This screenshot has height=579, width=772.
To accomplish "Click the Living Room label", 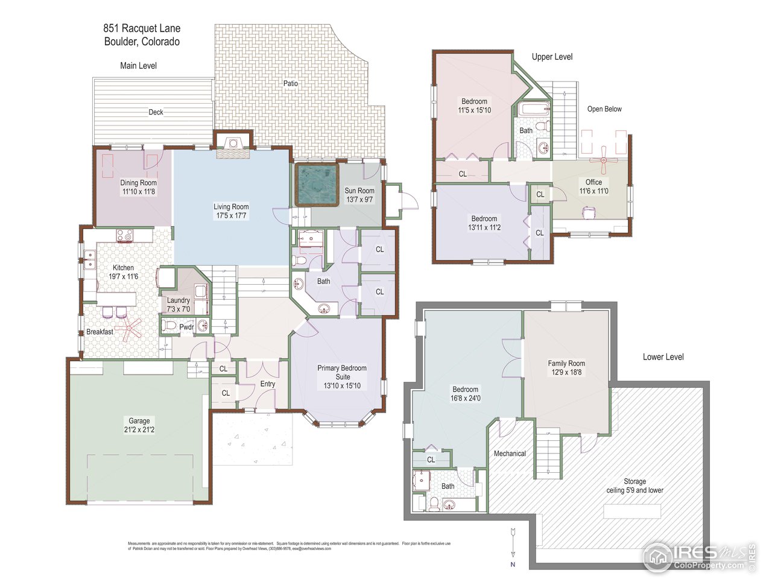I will pyautogui.click(x=230, y=207).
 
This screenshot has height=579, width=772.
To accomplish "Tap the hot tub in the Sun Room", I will pyautogui.click(x=316, y=185).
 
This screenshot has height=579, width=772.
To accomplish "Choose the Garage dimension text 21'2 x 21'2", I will pyautogui.click(x=139, y=430).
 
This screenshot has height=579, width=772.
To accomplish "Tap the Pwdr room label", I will pyautogui.click(x=186, y=327).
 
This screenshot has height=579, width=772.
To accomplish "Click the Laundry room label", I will pyautogui.click(x=178, y=300).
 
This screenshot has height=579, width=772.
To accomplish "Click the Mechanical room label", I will pyautogui.click(x=510, y=454).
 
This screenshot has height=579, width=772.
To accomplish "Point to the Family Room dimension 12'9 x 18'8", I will pyautogui.click(x=566, y=373).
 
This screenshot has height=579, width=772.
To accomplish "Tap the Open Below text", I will pyautogui.click(x=604, y=109).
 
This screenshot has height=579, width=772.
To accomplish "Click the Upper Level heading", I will pyautogui.click(x=552, y=57).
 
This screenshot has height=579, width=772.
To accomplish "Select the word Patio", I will pyautogui.click(x=291, y=83).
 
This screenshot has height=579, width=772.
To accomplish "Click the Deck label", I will pyautogui.click(x=156, y=112).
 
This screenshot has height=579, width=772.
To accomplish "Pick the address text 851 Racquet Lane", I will pyautogui.click(x=142, y=28).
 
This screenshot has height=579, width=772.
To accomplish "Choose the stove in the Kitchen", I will pyautogui.click(x=124, y=235).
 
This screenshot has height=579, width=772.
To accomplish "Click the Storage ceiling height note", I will pyautogui.click(x=634, y=490).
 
